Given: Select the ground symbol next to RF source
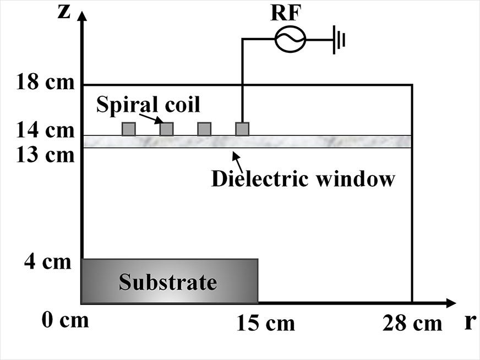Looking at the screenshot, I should [337, 40].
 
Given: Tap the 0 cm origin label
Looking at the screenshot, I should [65, 320].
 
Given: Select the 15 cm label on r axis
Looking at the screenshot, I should [265, 323].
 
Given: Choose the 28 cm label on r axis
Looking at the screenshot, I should [412, 323].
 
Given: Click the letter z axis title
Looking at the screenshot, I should [64, 11].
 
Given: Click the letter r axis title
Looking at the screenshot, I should [468, 321].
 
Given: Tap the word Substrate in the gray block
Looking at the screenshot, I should [168, 282].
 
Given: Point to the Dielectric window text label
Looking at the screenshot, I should [303, 179].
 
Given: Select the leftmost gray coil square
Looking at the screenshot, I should [128, 129].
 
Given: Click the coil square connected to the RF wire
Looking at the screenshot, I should [242, 129].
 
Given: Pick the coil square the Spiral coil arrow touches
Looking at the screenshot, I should [166, 129].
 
